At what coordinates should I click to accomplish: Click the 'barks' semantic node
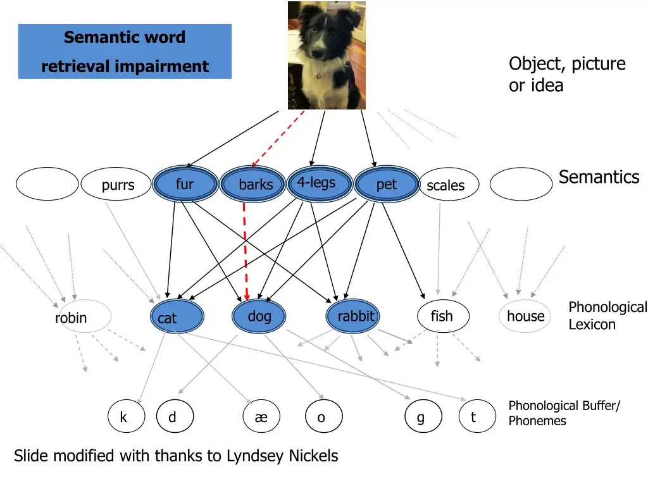pyautogui.click(x=255, y=184)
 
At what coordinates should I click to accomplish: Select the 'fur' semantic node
pyautogui.click(x=185, y=184)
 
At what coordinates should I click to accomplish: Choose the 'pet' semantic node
pyautogui.click(x=387, y=184)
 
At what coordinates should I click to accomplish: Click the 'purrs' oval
pyautogui.click(x=118, y=185)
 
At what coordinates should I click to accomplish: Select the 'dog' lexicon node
pyautogui.click(x=259, y=316)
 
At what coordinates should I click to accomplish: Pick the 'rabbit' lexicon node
pyautogui.click(x=353, y=316)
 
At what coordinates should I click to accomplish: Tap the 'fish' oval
pyautogui.click(x=442, y=316)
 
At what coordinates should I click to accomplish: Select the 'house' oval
pyautogui.click(x=525, y=316)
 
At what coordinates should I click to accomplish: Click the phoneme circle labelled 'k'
pyautogui.click(x=124, y=417)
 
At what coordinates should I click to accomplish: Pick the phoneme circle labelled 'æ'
pyautogui.click(x=261, y=417)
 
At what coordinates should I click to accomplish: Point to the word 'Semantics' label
pyautogui.click(x=599, y=177)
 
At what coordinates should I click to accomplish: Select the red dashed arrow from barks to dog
pyautogui.click(x=245, y=253)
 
